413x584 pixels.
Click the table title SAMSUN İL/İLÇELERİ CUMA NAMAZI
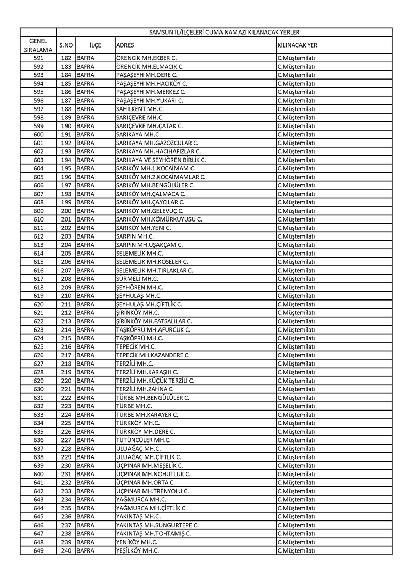tap(224, 32)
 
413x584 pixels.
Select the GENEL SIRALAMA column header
tap(38, 45)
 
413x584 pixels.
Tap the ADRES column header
tap(125, 45)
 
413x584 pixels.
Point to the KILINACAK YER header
tap(297, 45)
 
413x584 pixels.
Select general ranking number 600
tap(38, 134)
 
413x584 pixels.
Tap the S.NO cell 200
tap(66, 211)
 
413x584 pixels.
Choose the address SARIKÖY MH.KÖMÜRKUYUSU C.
tap(159, 219)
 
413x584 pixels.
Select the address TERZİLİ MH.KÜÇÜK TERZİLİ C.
tap(155, 381)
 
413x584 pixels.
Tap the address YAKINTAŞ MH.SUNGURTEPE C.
tap(157, 525)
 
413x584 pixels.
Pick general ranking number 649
tap(38, 550)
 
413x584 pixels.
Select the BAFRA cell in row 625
tap(85, 347)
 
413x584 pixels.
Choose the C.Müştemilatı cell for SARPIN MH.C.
tap(296, 236)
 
